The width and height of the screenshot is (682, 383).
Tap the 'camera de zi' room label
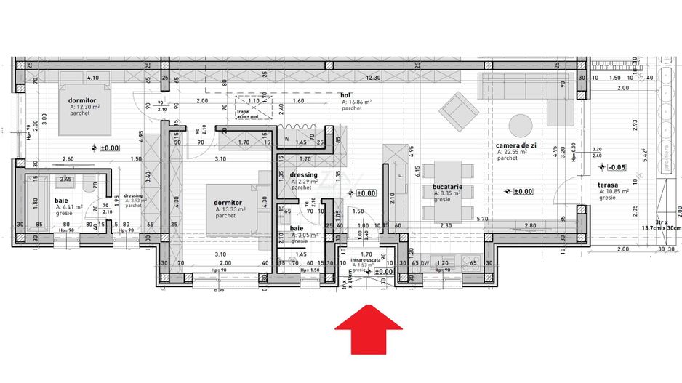516,145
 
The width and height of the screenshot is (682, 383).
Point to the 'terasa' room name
609,185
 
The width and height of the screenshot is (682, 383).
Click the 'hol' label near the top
346,95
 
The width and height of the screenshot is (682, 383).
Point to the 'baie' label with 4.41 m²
63,199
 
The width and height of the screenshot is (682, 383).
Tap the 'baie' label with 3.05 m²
297,228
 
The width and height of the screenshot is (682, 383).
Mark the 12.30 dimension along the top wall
373,78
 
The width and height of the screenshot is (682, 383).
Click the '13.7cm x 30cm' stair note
658,227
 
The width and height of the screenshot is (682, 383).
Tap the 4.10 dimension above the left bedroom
92,78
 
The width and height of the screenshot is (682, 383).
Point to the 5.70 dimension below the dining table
481,219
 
